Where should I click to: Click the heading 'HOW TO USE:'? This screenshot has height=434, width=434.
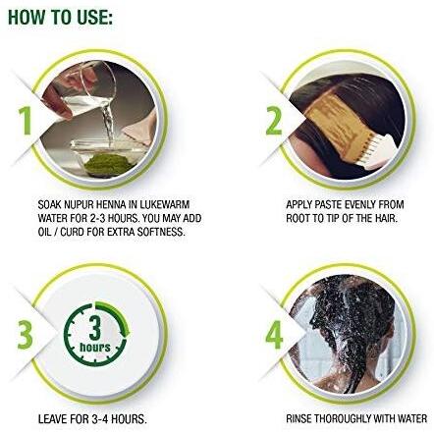point(60,18)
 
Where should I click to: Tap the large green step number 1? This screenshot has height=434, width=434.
point(26,121)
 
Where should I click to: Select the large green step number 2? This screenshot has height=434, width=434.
point(273,121)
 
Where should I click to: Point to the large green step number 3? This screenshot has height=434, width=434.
point(25,335)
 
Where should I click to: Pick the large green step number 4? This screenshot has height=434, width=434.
point(274,335)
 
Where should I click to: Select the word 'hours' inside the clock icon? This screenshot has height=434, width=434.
point(95,347)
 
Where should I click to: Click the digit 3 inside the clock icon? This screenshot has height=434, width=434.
point(95,327)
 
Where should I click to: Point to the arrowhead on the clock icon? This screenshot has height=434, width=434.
point(126,332)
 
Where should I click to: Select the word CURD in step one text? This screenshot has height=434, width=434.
point(71,232)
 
